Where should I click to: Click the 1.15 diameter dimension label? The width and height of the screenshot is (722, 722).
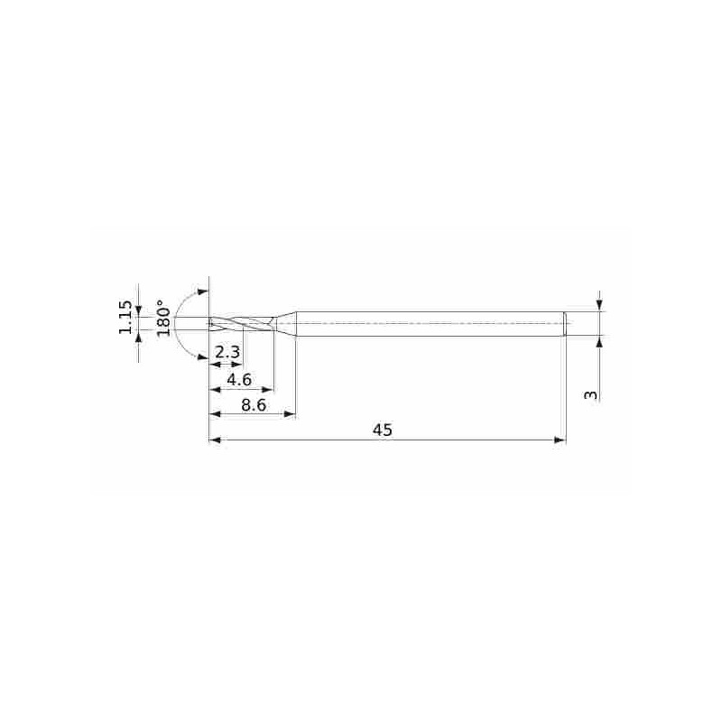tap(125, 318)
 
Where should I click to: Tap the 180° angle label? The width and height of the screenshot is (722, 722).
tap(163, 318)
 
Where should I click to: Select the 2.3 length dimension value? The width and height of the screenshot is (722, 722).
tap(228, 353)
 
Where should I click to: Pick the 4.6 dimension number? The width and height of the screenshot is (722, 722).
tap(239, 380)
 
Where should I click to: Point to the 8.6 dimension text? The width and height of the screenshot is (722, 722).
tap(255, 405)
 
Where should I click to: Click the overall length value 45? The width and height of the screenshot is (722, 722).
tap(382, 430)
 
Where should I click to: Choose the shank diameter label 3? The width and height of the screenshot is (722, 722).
tap(590, 395)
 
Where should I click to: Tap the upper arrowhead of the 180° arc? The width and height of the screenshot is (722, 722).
tap(202, 292)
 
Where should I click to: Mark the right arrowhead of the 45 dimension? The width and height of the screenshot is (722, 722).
tap(560, 440)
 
